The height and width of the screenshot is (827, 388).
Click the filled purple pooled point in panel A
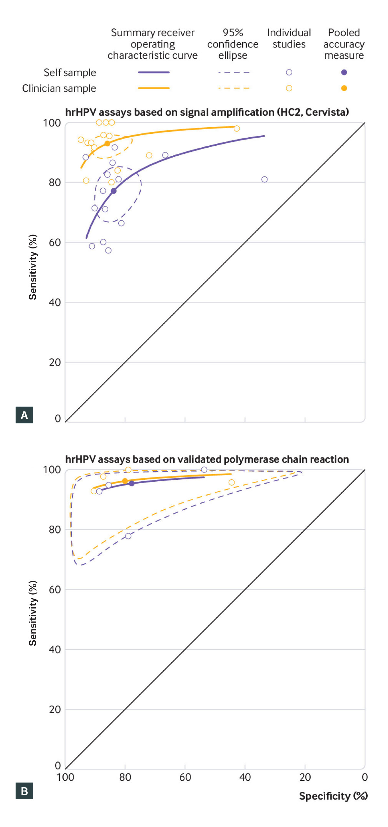[x=113, y=191]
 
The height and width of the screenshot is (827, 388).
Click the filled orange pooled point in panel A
[x=107, y=143]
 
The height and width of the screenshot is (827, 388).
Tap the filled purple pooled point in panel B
[x=132, y=483]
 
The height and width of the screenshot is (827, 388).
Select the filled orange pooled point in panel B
[x=125, y=481]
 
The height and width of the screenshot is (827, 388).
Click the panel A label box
[x=24, y=415]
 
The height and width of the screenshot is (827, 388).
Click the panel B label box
[x=24, y=791]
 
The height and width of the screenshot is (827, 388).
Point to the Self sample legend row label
[x=70, y=73]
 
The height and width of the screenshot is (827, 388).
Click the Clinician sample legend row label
[x=59, y=88]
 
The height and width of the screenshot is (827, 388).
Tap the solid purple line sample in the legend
[x=154, y=72]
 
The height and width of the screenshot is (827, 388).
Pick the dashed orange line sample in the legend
[x=234, y=88]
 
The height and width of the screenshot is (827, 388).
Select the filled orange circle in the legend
[x=344, y=88]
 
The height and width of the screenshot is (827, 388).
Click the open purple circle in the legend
[x=289, y=72]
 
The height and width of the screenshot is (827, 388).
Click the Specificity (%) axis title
[x=333, y=796]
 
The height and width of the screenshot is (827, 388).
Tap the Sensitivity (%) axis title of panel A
[x=33, y=267]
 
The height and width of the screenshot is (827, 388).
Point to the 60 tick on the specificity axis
[x=185, y=777]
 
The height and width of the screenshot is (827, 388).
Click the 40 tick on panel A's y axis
[x=55, y=302]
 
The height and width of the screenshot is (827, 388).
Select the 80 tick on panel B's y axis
[x=55, y=529]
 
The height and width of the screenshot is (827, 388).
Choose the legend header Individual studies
[x=289, y=38]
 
